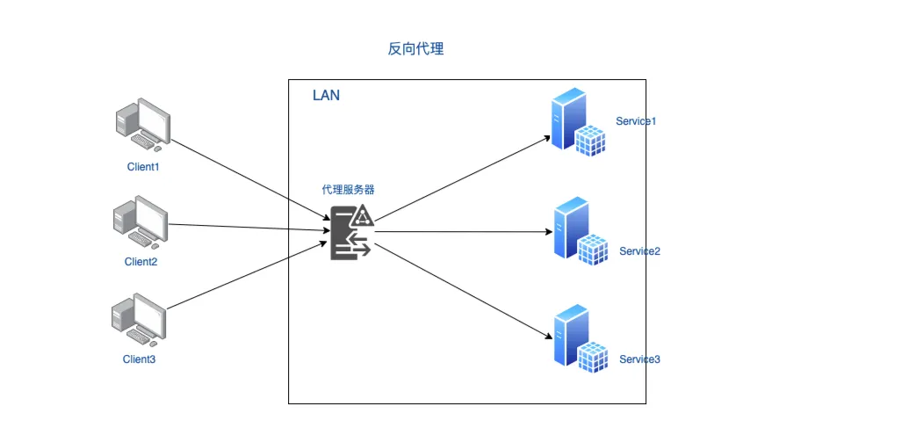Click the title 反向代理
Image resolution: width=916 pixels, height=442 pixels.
coord(415,49)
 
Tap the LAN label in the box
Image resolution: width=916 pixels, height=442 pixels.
coord(326,95)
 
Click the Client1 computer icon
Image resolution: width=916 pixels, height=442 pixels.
coord(141,125)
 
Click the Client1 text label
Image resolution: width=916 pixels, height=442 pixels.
coord(142,165)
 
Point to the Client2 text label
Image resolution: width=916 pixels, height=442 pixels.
coord(141,261)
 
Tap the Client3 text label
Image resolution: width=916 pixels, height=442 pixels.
coord(139,359)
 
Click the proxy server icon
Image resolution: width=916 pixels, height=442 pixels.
coord(352,233)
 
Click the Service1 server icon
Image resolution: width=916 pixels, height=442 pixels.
coord(579,122)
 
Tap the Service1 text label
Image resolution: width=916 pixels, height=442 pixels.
coord(636,121)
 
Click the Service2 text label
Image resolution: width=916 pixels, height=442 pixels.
coord(639,251)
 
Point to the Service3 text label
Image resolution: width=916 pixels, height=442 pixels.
coord(639,359)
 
